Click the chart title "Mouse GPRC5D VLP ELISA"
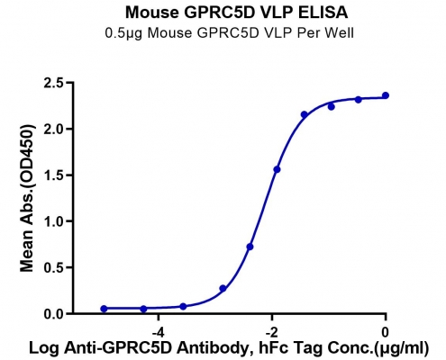tap(236, 13)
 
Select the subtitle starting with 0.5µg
tap(230, 33)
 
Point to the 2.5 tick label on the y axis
tap(55, 83)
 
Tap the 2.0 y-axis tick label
tap(55, 129)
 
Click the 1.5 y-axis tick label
tap(55, 175)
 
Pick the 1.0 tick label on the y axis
tap(55, 221)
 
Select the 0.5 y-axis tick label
tap(55, 267)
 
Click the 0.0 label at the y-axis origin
tap(55, 314)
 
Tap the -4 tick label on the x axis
tap(158, 332)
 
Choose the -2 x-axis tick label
tap(271, 332)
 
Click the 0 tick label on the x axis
tap(386, 332)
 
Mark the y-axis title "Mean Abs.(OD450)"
tap(27, 198)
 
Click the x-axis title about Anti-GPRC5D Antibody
tap(229, 348)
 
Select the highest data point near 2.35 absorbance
tap(386, 95)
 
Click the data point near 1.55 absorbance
tap(277, 169)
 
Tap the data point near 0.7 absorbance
tap(250, 247)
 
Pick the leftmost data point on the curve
tap(104, 309)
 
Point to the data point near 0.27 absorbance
tap(223, 288)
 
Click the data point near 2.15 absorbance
tap(305, 114)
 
